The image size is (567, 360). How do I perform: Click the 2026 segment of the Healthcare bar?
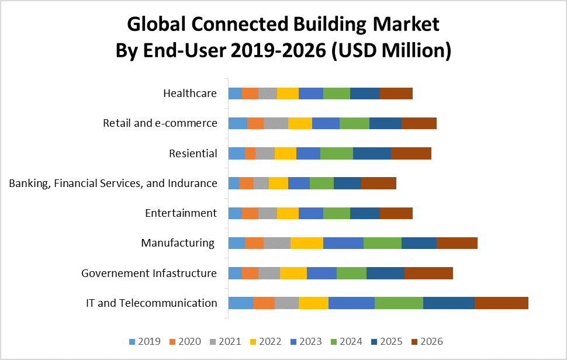click(396, 93)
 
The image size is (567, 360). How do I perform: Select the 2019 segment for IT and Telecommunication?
click(240, 303)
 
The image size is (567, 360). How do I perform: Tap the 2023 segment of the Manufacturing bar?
click(343, 243)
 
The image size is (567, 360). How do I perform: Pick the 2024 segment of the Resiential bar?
click(336, 153)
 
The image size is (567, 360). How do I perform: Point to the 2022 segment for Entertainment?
click(288, 213)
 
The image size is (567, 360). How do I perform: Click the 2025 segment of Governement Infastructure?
click(385, 273)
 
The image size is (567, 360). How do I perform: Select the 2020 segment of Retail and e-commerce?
click(255, 123)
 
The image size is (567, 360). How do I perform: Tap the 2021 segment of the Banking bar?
click(261, 183)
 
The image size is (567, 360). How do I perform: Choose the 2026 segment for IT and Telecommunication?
click(501, 303)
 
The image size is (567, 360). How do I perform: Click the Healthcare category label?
click(190, 94)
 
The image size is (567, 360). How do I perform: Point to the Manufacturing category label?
click(178, 243)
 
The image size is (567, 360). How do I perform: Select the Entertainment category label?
click(181, 213)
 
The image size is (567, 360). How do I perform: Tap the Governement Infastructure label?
click(149, 273)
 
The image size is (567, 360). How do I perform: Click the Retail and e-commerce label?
click(160, 123)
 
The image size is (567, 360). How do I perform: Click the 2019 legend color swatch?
click(132, 342)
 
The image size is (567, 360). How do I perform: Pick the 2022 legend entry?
click(262, 342)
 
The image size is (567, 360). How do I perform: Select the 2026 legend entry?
click(426, 342)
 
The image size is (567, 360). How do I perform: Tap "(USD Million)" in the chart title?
click(391, 51)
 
